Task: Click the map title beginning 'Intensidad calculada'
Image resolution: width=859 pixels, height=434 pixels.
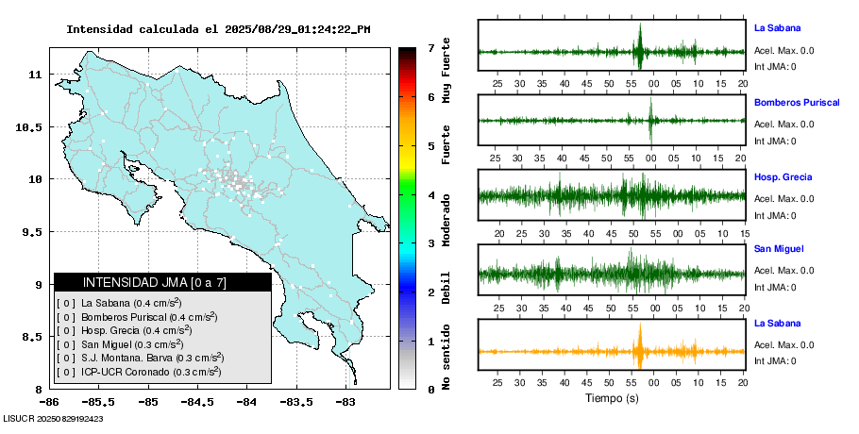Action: [218, 29]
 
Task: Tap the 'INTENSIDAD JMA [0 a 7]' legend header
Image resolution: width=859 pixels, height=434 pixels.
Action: [162, 282]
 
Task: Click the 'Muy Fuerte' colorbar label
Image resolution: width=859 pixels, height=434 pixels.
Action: [446, 71]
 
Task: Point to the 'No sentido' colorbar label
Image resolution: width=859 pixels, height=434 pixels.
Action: [446, 356]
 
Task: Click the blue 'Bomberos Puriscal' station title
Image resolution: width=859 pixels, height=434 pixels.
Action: [797, 102]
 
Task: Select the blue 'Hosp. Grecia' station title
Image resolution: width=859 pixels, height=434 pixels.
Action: [783, 176]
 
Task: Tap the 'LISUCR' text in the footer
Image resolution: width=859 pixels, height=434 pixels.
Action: [17, 418]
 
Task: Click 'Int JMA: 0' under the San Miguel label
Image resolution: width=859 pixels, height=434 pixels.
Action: [775, 288]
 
